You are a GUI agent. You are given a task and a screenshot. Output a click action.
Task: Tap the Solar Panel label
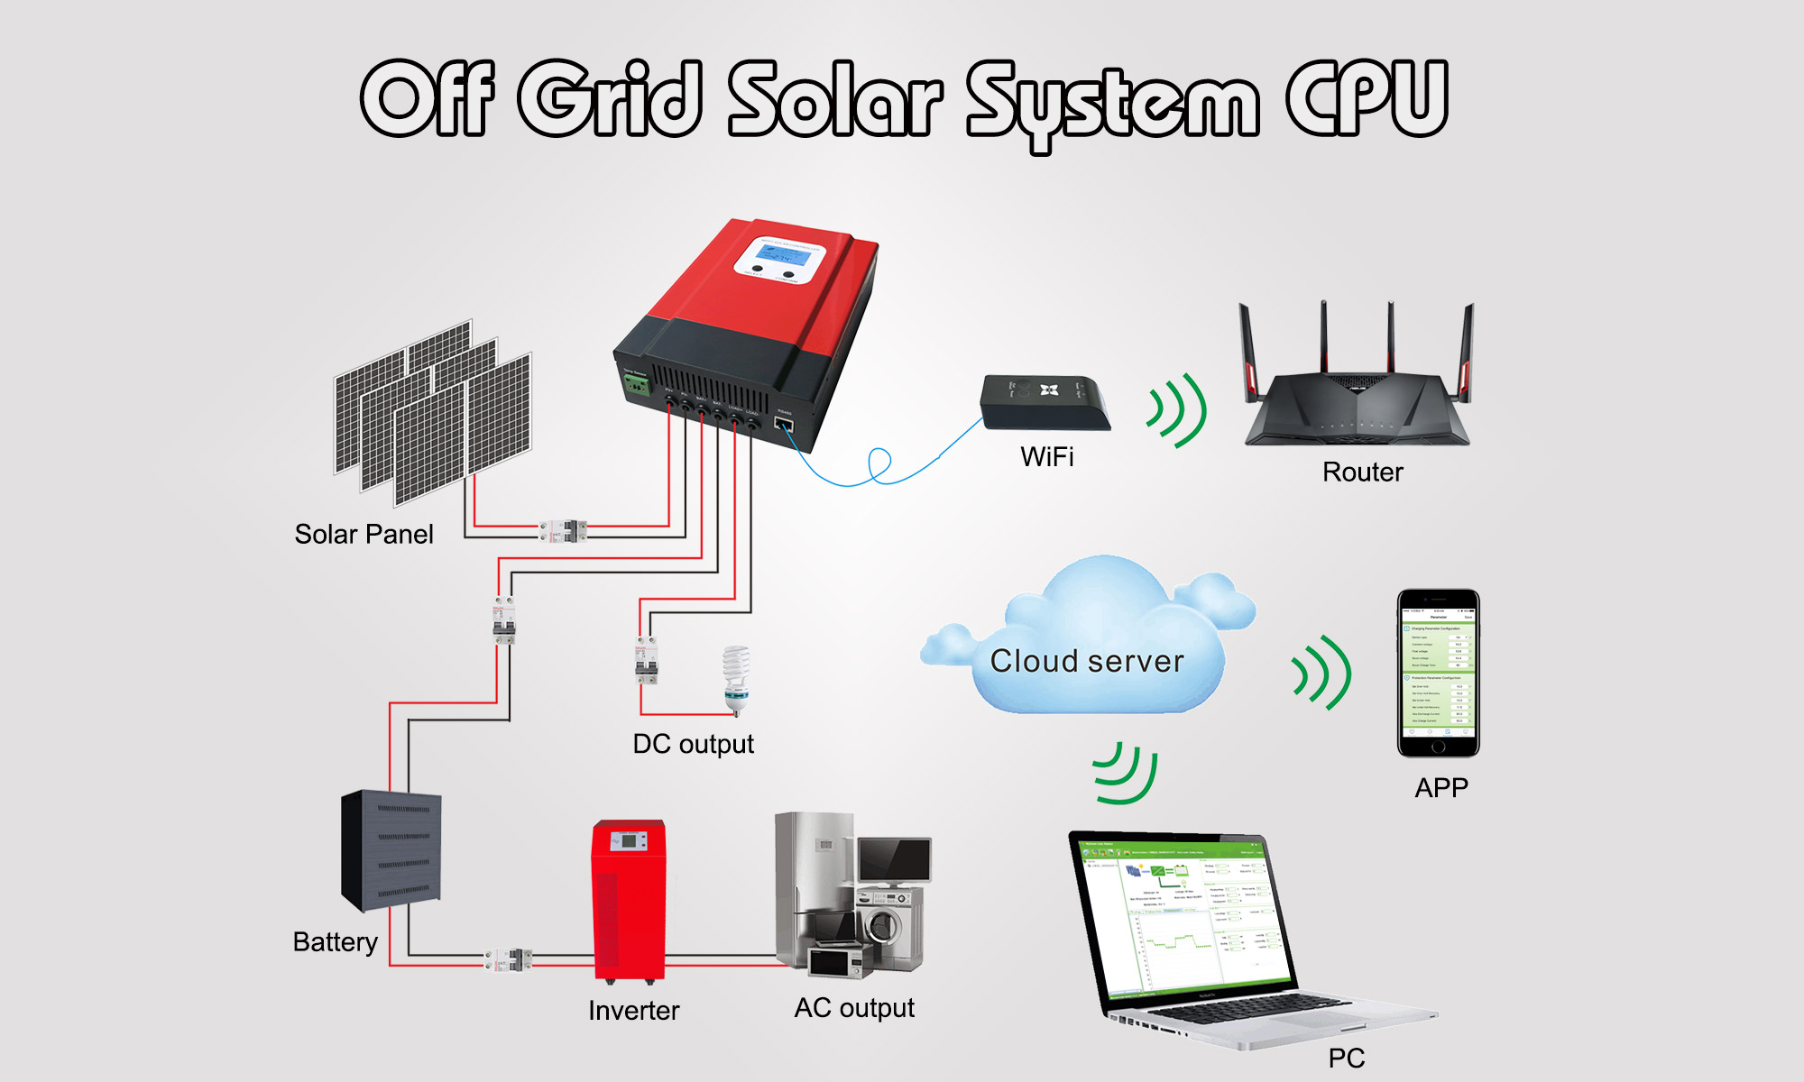(364, 535)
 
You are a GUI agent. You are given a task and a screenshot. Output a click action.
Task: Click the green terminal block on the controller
(638, 385)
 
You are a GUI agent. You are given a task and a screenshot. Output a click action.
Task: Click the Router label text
(1362, 472)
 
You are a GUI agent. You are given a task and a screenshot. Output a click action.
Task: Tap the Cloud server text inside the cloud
(1087, 661)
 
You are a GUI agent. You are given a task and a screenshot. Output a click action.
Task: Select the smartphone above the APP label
(1438, 673)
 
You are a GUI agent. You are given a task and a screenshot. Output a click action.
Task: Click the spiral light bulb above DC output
(737, 678)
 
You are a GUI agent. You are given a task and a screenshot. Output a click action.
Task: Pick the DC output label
(693, 745)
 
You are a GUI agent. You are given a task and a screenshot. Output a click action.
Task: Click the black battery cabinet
(391, 849)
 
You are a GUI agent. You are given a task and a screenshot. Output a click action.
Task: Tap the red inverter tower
(629, 899)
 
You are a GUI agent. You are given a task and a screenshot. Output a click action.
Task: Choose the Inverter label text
(633, 1011)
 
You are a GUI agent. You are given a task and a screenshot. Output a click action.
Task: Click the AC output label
(854, 1008)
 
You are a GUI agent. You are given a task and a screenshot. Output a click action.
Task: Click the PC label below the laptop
(1346, 1059)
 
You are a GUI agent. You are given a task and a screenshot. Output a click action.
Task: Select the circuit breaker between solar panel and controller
(564, 531)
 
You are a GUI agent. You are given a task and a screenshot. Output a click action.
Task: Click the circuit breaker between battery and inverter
(509, 959)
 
